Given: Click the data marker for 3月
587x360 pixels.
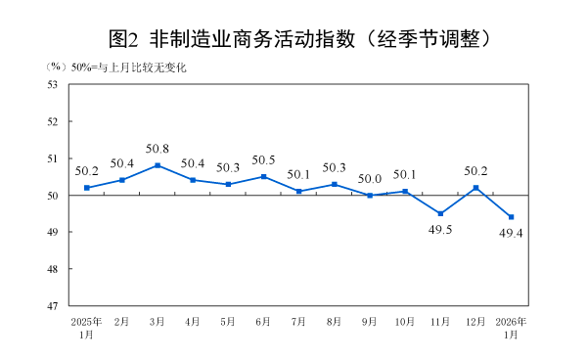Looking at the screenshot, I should [x=158, y=165].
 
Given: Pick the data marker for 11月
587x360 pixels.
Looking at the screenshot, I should [x=440, y=213].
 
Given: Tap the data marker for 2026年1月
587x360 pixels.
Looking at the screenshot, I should [x=511, y=217].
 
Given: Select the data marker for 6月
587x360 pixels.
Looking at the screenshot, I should [x=263, y=176].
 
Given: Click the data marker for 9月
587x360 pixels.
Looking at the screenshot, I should [x=370, y=196].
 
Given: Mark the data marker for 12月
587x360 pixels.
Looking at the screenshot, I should [x=475, y=188].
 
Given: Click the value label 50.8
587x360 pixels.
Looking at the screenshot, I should [x=158, y=149].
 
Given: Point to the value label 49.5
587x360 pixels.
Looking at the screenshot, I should [x=440, y=231].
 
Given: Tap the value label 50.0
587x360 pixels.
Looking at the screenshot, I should [x=370, y=179].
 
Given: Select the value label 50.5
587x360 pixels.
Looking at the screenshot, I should [x=263, y=160].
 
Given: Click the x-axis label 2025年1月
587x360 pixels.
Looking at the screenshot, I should [x=87, y=328].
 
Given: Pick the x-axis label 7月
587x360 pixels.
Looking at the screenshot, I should [x=298, y=322].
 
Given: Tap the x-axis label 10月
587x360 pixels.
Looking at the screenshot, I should [x=405, y=322].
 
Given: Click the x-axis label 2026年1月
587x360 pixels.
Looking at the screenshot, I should [x=511, y=328].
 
